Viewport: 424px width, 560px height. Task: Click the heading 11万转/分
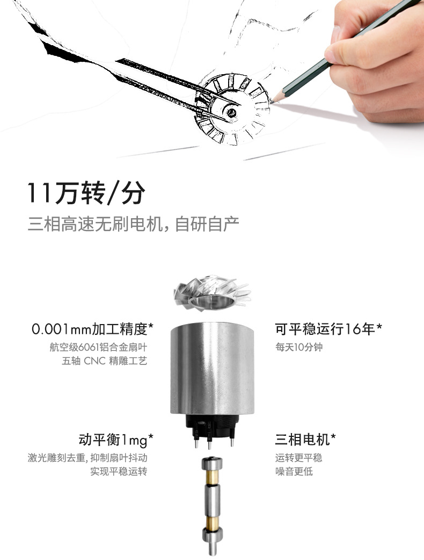(x=86, y=193)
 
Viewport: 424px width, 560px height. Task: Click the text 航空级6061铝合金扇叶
(x=98, y=347)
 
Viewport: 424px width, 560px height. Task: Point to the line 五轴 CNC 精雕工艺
(x=105, y=361)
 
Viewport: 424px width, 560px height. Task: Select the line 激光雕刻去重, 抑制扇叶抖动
(x=88, y=458)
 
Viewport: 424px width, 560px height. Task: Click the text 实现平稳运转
(x=119, y=472)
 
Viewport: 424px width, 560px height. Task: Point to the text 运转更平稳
(x=299, y=458)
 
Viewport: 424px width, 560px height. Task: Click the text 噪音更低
(x=294, y=472)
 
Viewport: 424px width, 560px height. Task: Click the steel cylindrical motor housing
(x=212, y=368)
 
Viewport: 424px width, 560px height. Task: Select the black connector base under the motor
(x=212, y=427)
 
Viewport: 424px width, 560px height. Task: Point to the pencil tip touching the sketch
(x=273, y=100)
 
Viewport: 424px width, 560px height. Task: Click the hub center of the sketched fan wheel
(x=231, y=112)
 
